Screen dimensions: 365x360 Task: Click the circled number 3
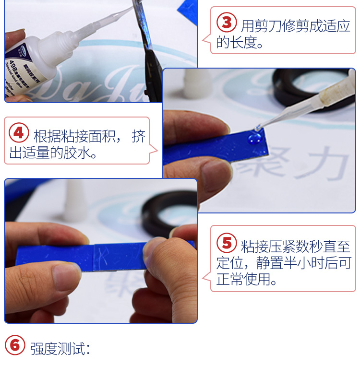227,23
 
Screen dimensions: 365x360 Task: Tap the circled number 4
19,133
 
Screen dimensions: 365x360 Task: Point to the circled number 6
15,345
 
